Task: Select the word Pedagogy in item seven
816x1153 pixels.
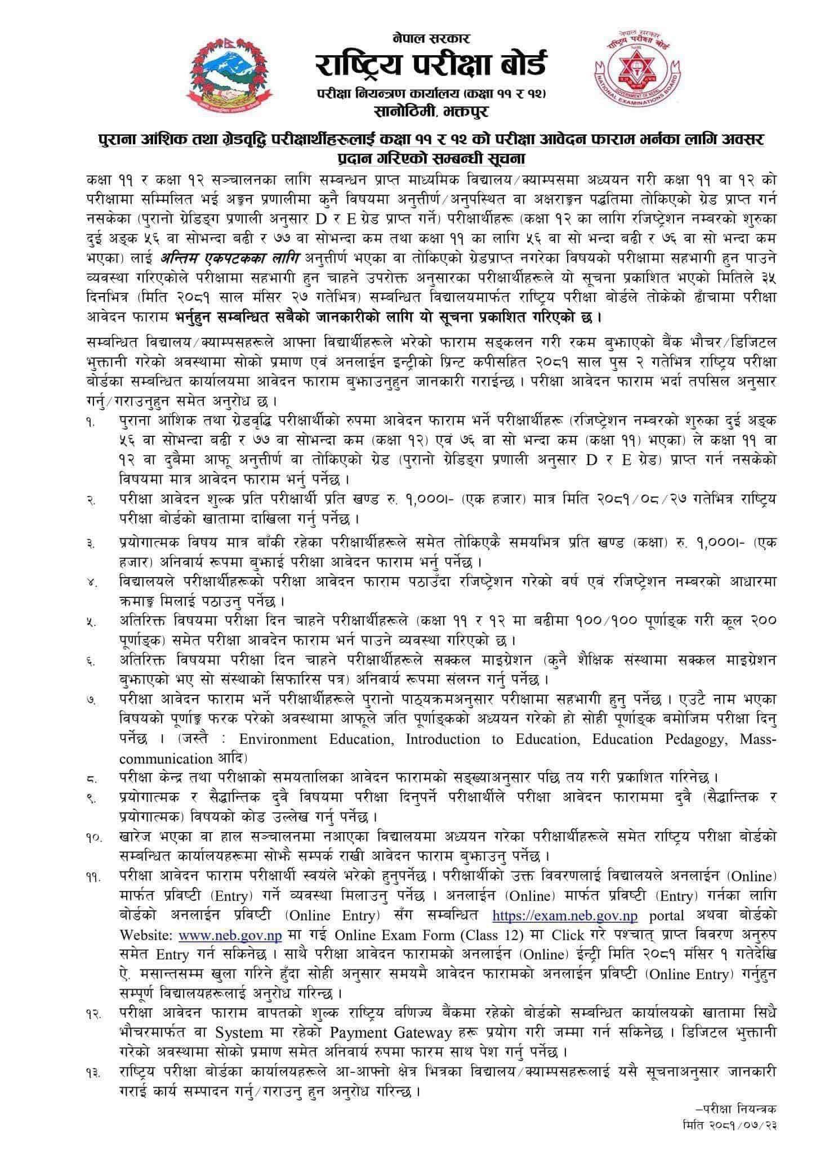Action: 702,739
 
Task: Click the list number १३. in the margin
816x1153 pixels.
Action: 93,1071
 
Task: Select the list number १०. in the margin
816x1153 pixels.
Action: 93,839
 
